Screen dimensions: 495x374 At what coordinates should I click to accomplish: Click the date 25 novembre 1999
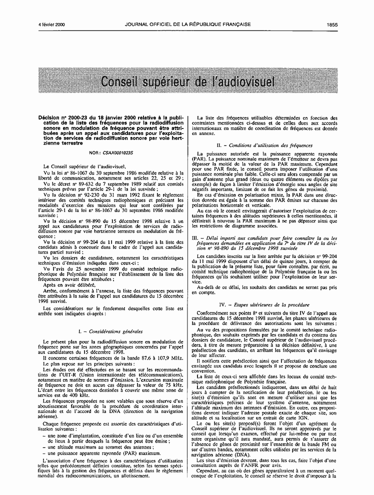click(x=82, y=268)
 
